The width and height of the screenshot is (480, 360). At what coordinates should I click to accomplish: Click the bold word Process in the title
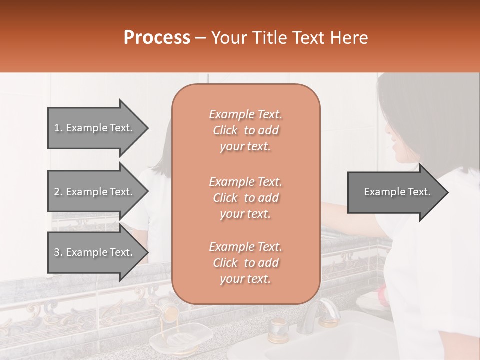[157, 38]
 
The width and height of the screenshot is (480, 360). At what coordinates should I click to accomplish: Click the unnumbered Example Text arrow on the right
[397, 192]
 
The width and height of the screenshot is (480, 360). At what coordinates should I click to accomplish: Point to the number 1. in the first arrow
[58, 128]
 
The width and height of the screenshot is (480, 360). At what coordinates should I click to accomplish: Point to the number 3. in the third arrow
[58, 252]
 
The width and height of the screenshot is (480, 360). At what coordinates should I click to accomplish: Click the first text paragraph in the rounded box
[245, 130]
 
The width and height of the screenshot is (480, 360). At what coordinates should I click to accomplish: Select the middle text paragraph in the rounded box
[245, 198]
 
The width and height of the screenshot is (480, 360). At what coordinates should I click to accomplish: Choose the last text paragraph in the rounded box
[245, 263]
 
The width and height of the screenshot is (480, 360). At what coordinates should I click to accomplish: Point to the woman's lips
[395, 148]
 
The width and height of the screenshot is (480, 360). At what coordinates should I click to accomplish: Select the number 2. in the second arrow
[58, 192]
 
